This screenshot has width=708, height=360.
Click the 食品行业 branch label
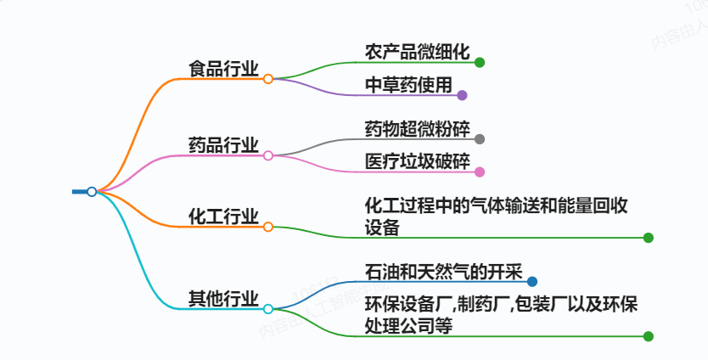pyautogui.click(x=224, y=69)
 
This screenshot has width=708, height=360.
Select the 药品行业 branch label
pyautogui.click(x=224, y=145)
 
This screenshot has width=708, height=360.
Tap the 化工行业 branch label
pyautogui.click(x=224, y=217)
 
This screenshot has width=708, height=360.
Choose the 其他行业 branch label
pyautogui.click(x=224, y=298)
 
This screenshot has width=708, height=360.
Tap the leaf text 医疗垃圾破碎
pyautogui.click(x=417, y=161)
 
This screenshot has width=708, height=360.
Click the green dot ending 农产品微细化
pyautogui.click(x=480, y=62)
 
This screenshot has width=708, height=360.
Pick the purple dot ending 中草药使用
pyautogui.click(x=462, y=95)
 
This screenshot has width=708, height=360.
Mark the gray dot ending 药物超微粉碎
pyautogui.click(x=480, y=139)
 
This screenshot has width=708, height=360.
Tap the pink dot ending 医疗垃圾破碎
pyautogui.click(x=480, y=172)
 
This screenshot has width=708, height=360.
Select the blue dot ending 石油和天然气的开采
pyautogui.click(x=531, y=282)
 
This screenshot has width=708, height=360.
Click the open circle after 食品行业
pyautogui.click(x=268, y=79)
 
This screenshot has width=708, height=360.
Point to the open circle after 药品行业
pyautogui.click(x=268, y=155)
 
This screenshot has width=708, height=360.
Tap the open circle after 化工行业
pyautogui.click(x=268, y=228)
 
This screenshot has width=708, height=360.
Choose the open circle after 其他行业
pyautogui.click(x=268, y=309)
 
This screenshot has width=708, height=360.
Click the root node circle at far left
pyautogui.click(x=92, y=192)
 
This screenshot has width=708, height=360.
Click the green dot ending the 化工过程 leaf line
pyautogui.click(x=649, y=238)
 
